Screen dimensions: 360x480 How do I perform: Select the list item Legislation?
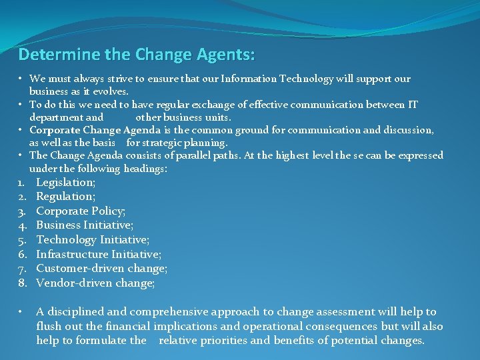(66, 182)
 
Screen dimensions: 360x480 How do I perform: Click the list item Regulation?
(66, 196)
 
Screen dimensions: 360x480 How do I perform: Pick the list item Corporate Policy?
(81, 211)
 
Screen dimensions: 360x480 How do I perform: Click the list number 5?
(21, 239)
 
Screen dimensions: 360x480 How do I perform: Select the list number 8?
(21, 283)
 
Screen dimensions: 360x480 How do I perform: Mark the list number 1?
(21, 182)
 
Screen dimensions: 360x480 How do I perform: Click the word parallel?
(198, 155)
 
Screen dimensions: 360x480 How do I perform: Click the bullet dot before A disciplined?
(21, 311)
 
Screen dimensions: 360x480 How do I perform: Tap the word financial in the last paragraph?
(127, 326)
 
